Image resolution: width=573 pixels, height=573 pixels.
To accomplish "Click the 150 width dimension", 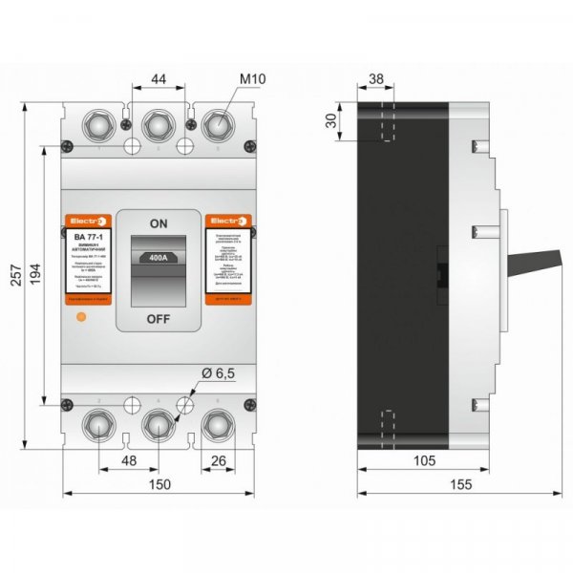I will click(159, 484).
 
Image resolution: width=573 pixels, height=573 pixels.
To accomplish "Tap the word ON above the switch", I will click(159, 223).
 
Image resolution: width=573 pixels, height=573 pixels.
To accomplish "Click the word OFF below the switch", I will click(159, 318).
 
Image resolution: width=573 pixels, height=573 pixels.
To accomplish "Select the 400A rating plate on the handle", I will click(159, 256).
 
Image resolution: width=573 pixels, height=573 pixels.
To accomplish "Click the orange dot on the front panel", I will click(80, 314).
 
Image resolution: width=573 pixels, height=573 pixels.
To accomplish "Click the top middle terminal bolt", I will click(159, 123).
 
